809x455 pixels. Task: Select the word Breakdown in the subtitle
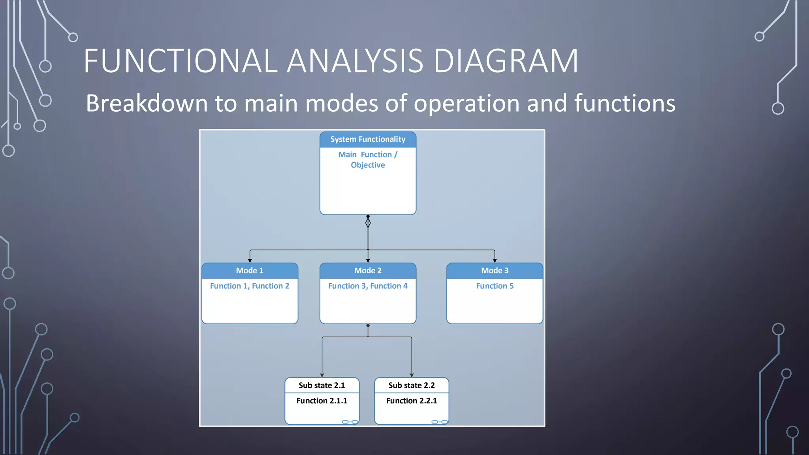(147, 103)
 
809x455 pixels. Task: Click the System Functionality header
(368, 139)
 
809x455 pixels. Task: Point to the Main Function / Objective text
(368, 160)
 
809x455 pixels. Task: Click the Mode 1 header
(250, 271)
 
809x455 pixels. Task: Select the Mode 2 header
(368, 271)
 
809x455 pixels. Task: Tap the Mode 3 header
(495, 271)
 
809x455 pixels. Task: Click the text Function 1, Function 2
(250, 286)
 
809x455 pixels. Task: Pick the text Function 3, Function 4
(368, 286)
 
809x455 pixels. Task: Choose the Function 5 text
(495, 286)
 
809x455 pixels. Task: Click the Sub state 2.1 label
(322, 385)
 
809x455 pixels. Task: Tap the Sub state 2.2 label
(411, 385)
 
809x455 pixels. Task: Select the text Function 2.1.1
(322, 401)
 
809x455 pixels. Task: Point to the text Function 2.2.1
(411, 401)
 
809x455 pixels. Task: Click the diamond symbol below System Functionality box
(368, 223)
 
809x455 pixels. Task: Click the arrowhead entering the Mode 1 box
(250, 260)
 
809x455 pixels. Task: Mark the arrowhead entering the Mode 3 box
(495, 260)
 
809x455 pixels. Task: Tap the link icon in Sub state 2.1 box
(350, 422)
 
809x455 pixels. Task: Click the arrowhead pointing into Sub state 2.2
(412, 375)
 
